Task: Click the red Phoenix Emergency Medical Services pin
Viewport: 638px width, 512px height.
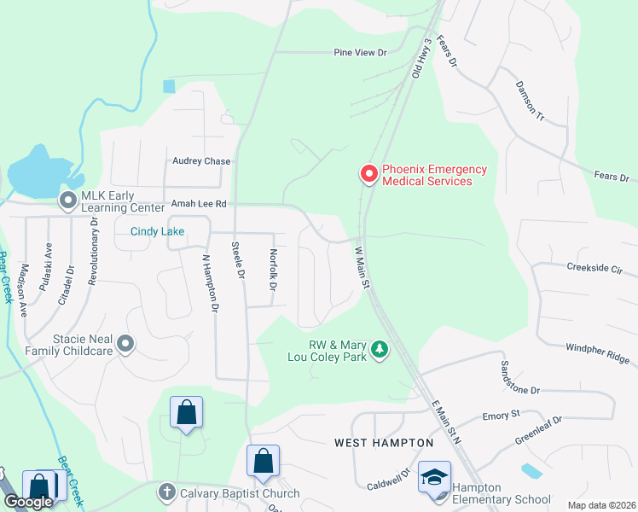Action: pyautogui.click(x=369, y=174)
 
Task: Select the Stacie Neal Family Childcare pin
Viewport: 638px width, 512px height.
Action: pyautogui.click(x=125, y=344)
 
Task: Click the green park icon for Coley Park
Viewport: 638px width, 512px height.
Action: pyautogui.click(x=380, y=349)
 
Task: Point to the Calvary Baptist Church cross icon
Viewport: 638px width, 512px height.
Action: pyautogui.click(x=166, y=492)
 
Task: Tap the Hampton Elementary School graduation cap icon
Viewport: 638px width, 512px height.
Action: pyautogui.click(x=434, y=478)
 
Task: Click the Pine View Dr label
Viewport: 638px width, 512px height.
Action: pyautogui.click(x=359, y=53)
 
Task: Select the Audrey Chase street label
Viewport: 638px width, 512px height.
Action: pyautogui.click(x=201, y=161)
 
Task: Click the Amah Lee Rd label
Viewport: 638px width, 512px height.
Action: pyautogui.click(x=199, y=205)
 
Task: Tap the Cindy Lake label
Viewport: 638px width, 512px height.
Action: pyautogui.click(x=157, y=231)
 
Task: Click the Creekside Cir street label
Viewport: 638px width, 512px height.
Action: pyautogui.click(x=594, y=267)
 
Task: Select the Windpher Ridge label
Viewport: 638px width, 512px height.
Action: pyautogui.click(x=597, y=352)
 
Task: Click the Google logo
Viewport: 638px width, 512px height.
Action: pyautogui.click(x=27, y=503)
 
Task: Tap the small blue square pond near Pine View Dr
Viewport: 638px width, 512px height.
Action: pyautogui.click(x=169, y=86)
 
